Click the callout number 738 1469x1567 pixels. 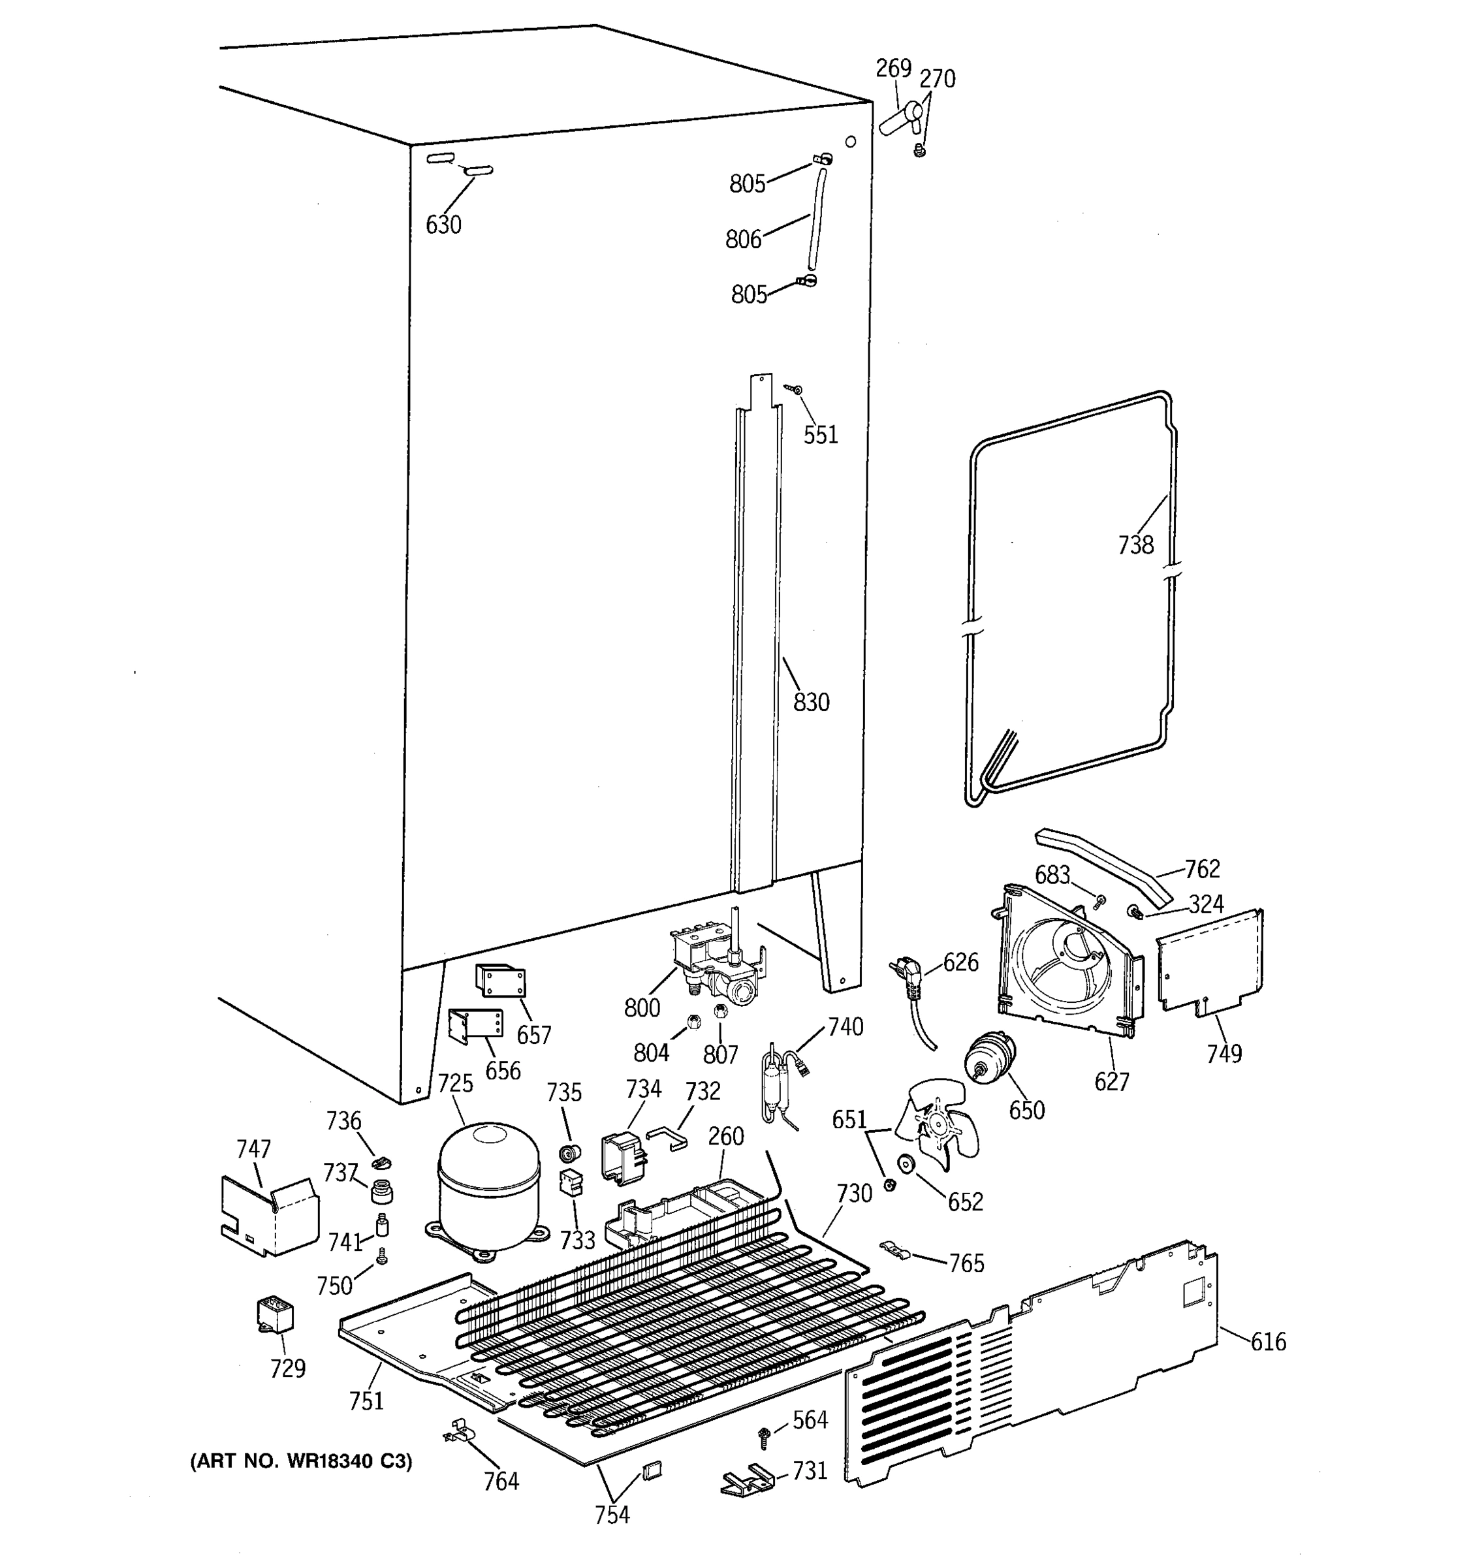pos(1135,545)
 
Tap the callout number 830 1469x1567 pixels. pos(811,701)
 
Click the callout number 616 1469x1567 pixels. pos(1267,1341)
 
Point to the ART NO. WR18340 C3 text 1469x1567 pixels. pos(300,1461)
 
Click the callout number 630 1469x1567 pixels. pos(443,225)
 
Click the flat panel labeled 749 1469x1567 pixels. pos(1210,962)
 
